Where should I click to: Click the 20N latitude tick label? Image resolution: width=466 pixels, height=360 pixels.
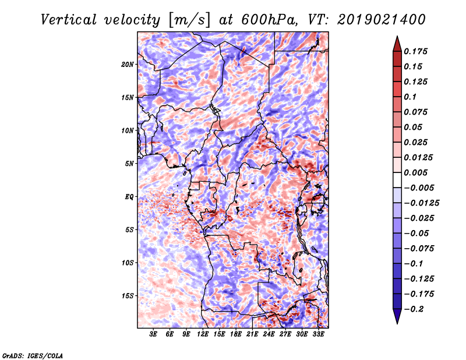point(128,64)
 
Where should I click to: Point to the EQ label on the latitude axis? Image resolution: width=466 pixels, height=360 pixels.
point(129,197)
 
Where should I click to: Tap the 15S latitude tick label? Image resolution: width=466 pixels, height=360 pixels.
point(128,296)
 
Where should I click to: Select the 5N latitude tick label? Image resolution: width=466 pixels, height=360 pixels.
point(129,164)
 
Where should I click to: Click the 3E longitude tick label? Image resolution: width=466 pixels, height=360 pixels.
point(154,334)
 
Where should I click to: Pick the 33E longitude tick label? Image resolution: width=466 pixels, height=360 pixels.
point(318,334)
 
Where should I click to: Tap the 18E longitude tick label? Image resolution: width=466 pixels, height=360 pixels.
point(236,334)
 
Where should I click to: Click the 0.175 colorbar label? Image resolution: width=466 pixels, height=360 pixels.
point(418,51)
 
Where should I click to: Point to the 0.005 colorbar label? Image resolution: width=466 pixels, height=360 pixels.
point(418,172)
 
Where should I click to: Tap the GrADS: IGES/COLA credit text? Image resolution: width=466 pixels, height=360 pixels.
point(33,355)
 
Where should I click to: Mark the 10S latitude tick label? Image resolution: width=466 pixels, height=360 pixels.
point(128,263)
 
